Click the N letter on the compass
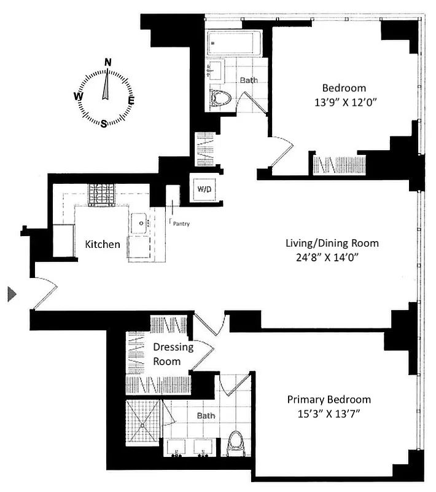tap(108, 61)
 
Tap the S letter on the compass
tap(104, 123)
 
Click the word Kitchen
tap(103, 244)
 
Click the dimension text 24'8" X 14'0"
tap(332, 258)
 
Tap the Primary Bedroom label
tap(329, 400)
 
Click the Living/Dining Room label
tap(332, 243)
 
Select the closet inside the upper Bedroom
tap(340, 165)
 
